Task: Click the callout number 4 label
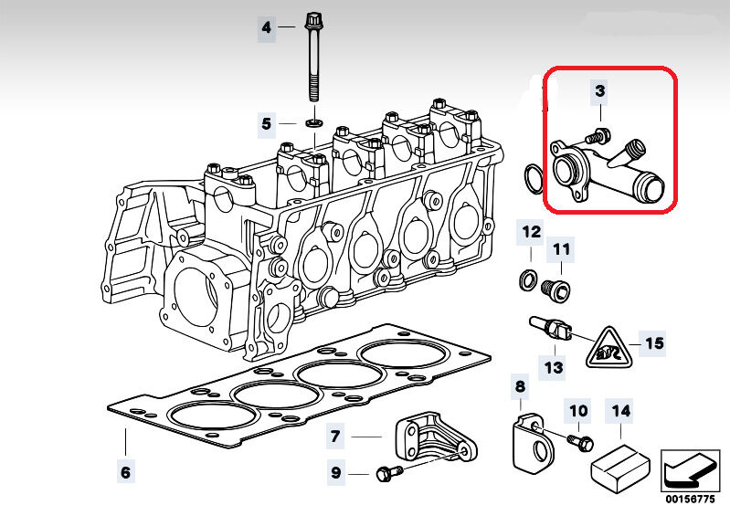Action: pyautogui.click(x=266, y=27)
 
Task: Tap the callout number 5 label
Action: pyautogui.click(x=266, y=122)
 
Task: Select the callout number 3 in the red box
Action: pyautogui.click(x=599, y=90)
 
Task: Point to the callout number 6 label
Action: pyautogui.click(x=125, y=472)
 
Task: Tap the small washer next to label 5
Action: pyautogui.click(x=314, y=121)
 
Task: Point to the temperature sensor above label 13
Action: pyautogui.click(x=548, y=329)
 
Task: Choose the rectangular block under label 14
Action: pyautogui.click(x=619, y=464)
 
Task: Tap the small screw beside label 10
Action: pyautogui.click(x=577, y=441)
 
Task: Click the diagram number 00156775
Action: pyautogui.click(x=691, y=500)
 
